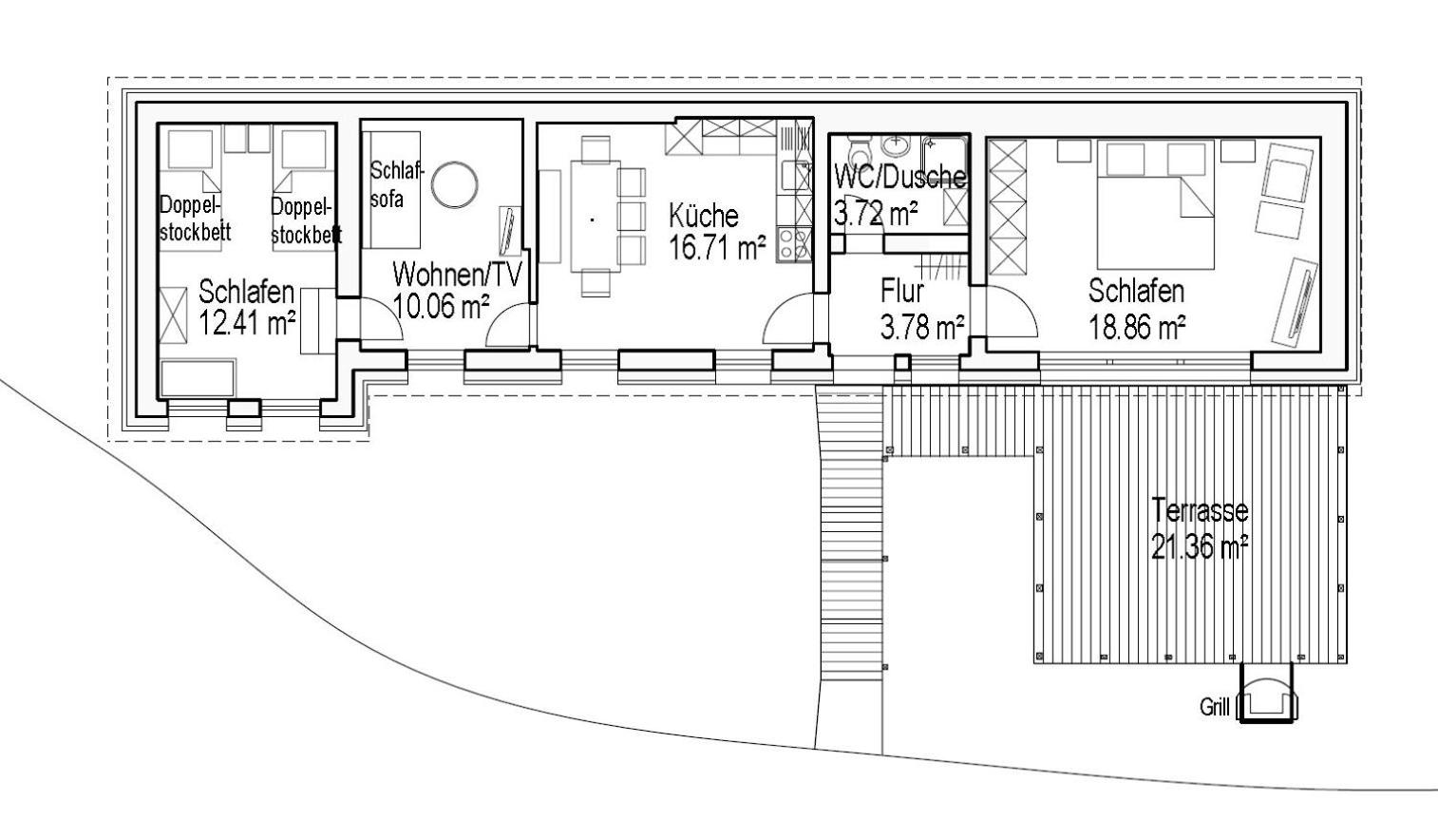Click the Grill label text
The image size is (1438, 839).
click(1214, 707)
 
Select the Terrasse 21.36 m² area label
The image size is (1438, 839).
click(1199, 528)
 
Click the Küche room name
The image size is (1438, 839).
click(702, 215)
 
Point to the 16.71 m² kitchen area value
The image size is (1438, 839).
click(716, 248)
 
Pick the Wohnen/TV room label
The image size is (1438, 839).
click(457, 275)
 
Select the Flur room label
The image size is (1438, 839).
click(901, 291)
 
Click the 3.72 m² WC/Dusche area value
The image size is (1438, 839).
click(875, 213)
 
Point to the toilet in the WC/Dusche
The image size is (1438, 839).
click(859, 152)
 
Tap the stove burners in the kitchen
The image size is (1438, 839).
click(794, 244)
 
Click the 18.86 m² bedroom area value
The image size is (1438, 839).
click(1136, 328)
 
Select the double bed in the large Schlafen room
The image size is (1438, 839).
click(1155, 204)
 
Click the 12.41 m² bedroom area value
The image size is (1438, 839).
click(247, 323)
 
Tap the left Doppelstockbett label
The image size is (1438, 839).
click(193, 219)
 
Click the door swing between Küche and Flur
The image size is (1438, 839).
click(787, 319)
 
